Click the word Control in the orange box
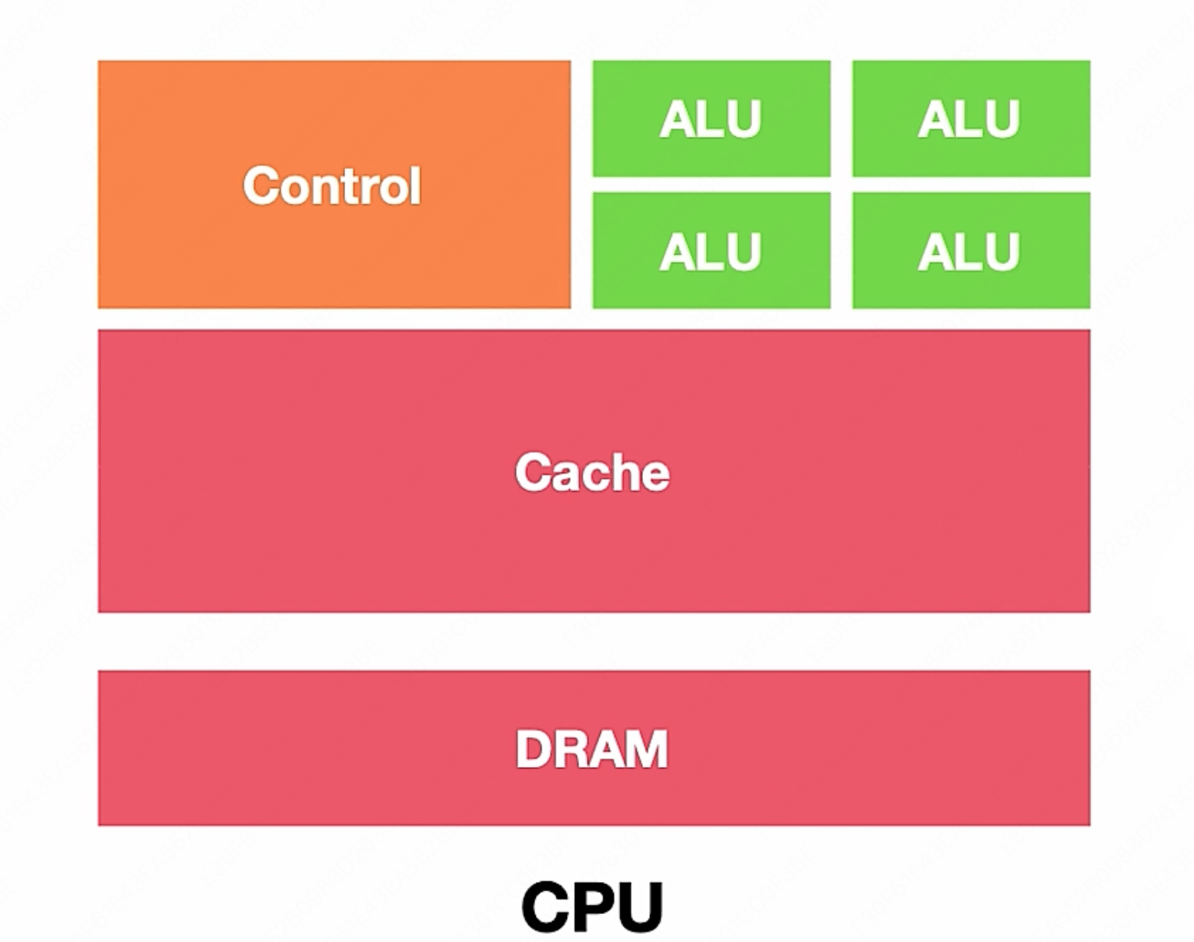tap(332, 185)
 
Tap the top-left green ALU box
tap(711, 119)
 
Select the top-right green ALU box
tap(971, 119)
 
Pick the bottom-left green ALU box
tap(711, 251)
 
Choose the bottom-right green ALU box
tap(971, 251)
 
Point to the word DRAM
tap(591, 749)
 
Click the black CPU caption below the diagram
tap(592, 906)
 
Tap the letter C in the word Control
tap(260, 186)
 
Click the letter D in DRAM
tap(533, 750)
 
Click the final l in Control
tap(416, 185)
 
